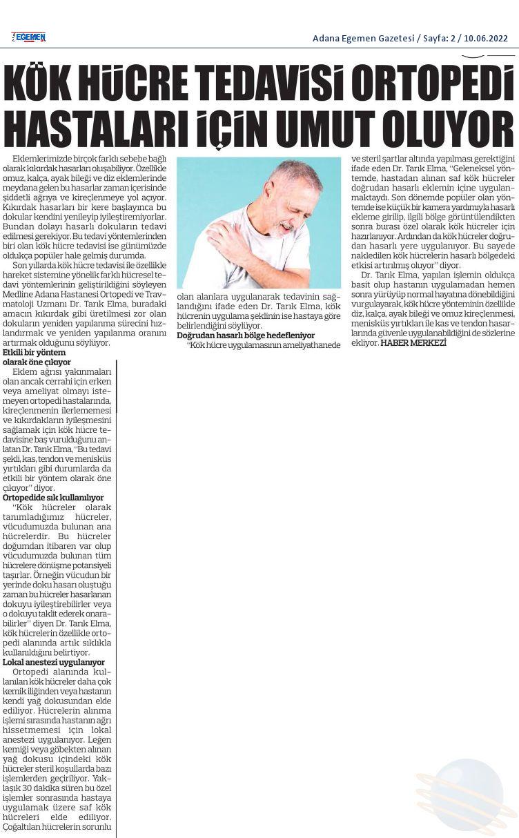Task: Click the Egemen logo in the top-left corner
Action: pos(28,37)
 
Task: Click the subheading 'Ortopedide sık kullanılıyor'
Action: pos(53,497)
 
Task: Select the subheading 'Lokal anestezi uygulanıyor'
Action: pos(54,662)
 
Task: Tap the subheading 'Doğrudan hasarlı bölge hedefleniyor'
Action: pos(246,335)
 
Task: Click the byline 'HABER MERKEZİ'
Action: pos(413,343)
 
